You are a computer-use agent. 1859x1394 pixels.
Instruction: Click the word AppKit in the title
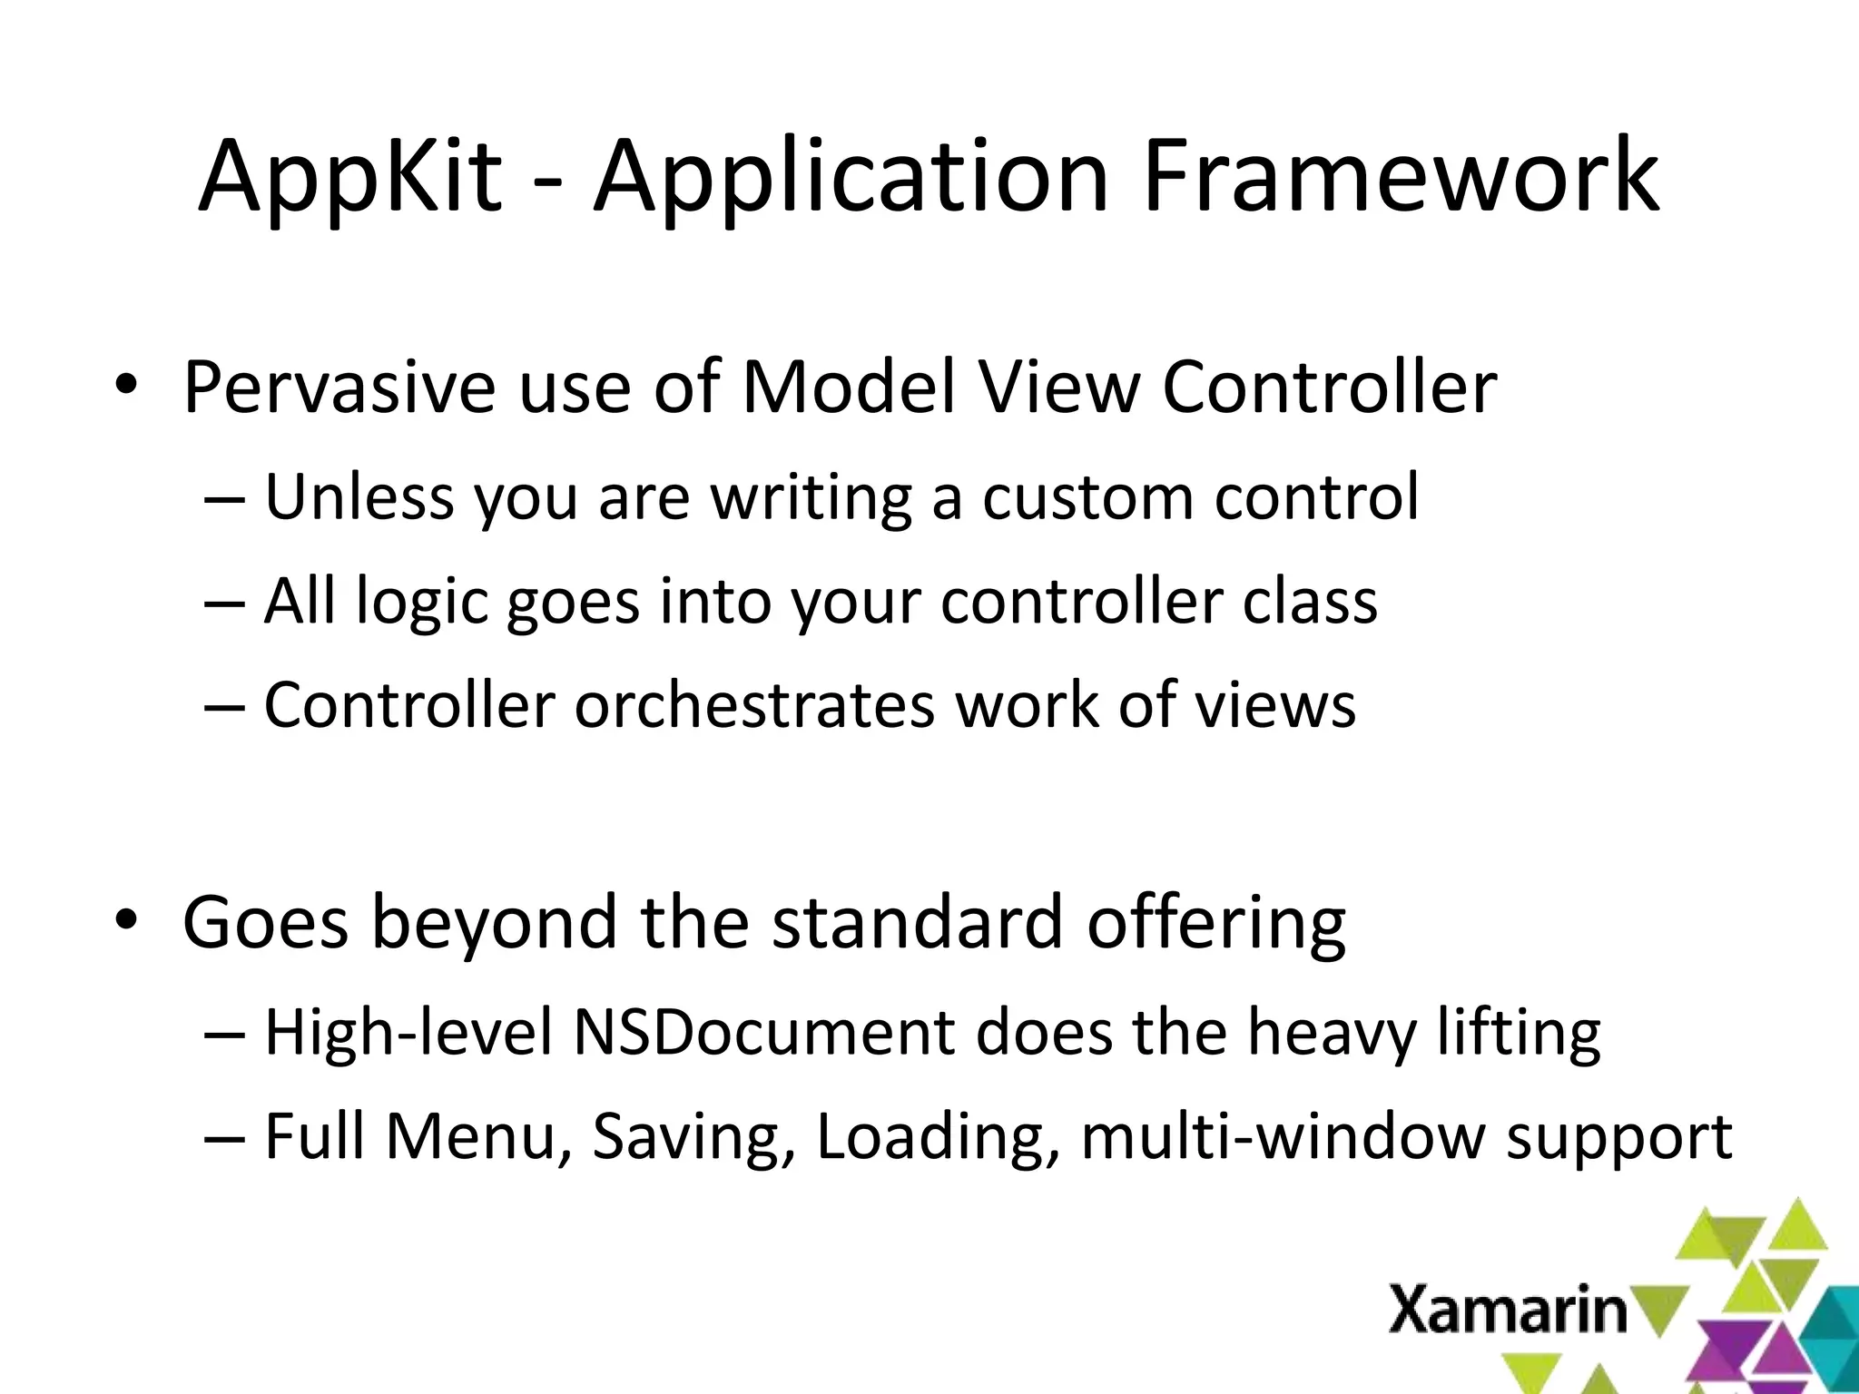(x=349, y=178)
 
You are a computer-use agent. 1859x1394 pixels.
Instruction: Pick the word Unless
(x=359, y=497)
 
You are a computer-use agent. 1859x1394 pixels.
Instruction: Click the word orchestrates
(x=754, y=706)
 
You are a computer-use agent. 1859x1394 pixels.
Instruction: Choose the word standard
(x=917, y=922)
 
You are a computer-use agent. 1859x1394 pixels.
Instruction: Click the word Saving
(x=688, y=1138)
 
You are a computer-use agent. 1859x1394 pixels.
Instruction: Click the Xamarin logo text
(x=1508, y=1310)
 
